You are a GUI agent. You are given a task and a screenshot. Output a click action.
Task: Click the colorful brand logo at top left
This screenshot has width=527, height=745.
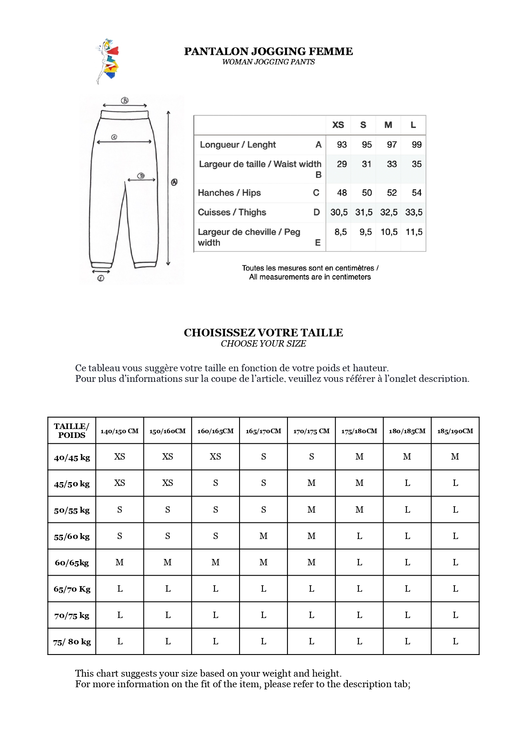tap(107, 61)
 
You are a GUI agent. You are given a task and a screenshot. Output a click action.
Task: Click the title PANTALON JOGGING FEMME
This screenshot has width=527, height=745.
tap(268, 51)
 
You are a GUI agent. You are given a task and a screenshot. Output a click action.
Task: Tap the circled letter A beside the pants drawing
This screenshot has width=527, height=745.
tap(174, 182)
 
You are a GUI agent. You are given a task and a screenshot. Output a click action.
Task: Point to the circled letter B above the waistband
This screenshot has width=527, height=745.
tap(125, 101)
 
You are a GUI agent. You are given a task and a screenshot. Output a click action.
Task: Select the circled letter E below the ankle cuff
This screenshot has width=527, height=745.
tap(101, 279)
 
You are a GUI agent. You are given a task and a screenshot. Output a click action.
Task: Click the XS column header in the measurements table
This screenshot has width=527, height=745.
tap(338, 125)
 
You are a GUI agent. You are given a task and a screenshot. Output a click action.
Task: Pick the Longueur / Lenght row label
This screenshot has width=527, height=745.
tap(238, 145)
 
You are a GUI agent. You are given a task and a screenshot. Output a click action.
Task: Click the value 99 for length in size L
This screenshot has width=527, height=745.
tap(417, 145)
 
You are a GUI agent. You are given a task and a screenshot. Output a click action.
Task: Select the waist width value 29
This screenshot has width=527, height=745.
tap(342, 164)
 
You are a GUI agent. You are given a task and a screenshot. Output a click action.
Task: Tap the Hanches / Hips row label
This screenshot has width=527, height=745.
tap(229, 193)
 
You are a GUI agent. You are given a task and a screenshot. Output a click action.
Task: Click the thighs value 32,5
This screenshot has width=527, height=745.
tap(389, 212)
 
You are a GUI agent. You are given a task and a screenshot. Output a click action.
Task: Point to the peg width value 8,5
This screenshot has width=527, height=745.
tap(341, 232)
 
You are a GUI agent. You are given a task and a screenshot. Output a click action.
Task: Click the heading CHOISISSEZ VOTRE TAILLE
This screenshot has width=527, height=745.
tap(263, 333)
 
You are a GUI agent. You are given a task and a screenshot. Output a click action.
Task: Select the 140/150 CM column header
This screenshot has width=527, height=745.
tap(119, 431)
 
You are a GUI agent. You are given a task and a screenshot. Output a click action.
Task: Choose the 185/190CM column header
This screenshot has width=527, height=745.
tap(455, 431)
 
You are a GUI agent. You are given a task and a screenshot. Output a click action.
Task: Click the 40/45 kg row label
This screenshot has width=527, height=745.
tap(72, 457)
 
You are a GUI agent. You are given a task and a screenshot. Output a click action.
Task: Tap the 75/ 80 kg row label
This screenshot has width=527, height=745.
tap(72, 642)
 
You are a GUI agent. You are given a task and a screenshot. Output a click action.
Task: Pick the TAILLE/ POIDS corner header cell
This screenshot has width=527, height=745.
tap(72, 431)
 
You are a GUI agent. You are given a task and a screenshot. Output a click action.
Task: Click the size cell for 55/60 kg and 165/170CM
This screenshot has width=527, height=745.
tap(264, 536)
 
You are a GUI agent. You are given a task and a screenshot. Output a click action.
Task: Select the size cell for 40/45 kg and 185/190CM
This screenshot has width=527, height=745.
tap(455, 457)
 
